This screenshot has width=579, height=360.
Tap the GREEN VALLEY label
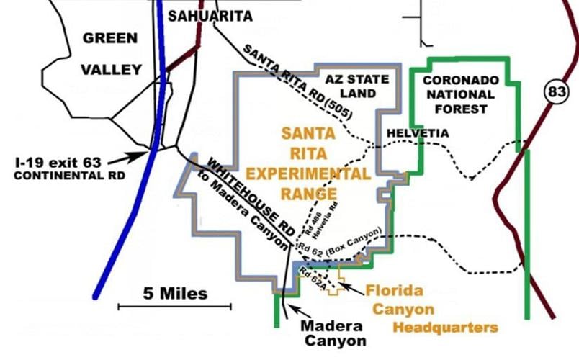[x=110, y=53]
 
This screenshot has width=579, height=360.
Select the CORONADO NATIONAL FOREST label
[x=459, y=94]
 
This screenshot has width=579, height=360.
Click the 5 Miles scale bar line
[x=174, y=307]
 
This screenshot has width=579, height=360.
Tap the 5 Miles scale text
[x=175, y=293]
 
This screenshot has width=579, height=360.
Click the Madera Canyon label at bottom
[x=332, y=333]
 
